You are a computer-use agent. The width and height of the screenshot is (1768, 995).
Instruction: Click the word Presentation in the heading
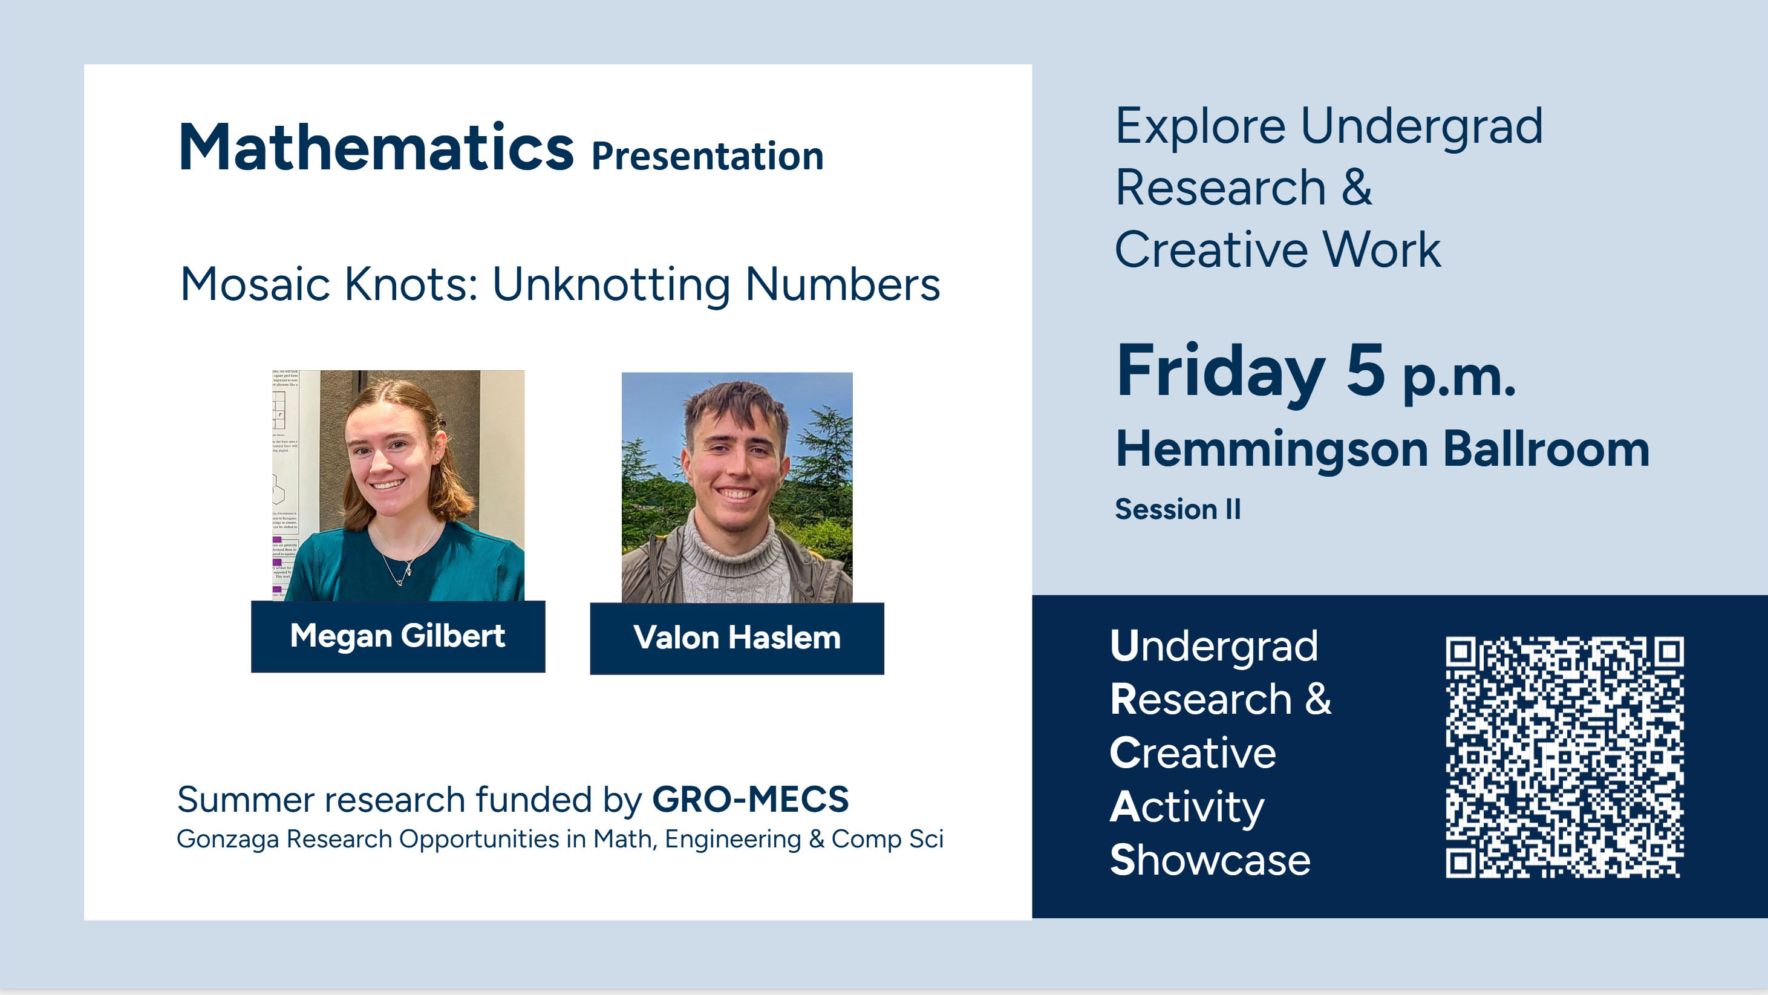[707, 157]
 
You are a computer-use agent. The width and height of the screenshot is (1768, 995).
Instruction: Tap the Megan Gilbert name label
[398, 636]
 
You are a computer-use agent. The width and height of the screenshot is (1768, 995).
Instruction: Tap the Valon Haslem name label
[737, 638]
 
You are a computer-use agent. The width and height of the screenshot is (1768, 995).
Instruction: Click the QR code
[1564, 757]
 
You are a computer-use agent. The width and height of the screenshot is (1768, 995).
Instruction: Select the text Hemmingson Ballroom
[1382, 450]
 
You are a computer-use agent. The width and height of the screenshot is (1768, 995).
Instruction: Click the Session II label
[1178, 509]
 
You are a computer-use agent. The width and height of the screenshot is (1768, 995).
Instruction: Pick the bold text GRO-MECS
[750, 800]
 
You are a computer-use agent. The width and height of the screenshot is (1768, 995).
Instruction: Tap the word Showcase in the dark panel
[1210, 860]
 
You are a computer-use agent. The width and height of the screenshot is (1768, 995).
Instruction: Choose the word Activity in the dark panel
[1187, 807]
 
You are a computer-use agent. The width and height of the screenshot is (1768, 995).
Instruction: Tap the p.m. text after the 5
[1459, 379]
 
